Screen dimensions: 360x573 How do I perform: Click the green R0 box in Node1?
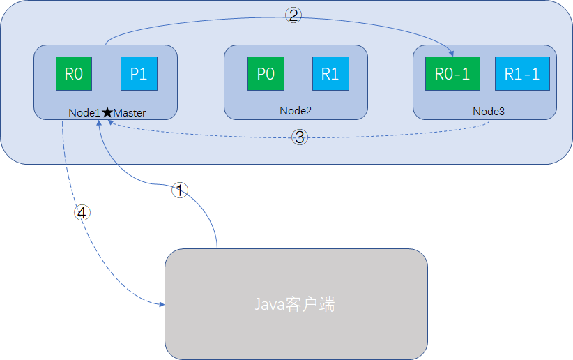click(74, 74)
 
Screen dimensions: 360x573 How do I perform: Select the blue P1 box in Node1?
click(139, 74)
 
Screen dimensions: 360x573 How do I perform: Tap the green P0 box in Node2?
click(266, 74)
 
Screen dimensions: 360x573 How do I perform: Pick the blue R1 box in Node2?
click(330, 74)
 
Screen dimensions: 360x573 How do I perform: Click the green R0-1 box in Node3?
click(452, 74)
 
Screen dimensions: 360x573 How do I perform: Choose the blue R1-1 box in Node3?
click(523, 74)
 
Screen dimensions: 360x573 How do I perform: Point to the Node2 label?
click(296, 110)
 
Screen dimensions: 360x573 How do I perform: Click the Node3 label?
click(487, 111)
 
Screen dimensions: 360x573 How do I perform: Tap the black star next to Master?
click(107, 112)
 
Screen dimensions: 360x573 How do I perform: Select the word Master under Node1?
click(130, 112)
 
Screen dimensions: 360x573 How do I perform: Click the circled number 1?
click(180, 190)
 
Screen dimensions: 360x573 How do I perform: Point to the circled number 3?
click(300, 137)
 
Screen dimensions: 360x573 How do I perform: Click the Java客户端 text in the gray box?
click(295, 305)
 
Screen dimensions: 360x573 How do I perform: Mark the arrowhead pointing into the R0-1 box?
click(451, 53)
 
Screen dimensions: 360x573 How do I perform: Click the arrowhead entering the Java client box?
click(161, 305)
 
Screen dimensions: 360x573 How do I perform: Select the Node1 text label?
click(84, 112)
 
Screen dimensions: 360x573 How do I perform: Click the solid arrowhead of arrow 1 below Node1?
click(102, 124)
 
